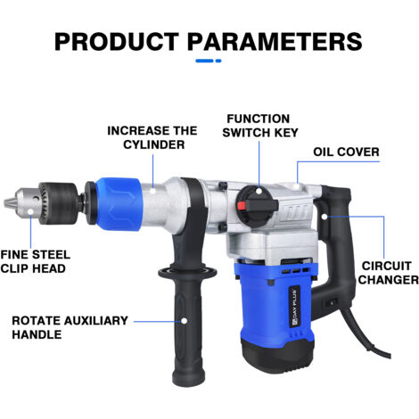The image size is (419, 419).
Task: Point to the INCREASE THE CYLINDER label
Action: coord(152,137)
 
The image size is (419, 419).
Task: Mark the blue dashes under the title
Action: coord(209,61)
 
